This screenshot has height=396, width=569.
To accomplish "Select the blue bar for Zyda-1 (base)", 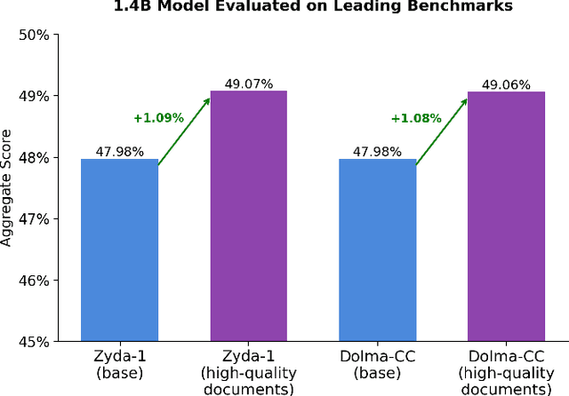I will pyautogui.click(x=119, y=250).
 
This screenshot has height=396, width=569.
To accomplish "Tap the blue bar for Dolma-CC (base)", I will pyautogui.click(x=377, y=250).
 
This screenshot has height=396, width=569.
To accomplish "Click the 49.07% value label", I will pyautogui.click(x=248, y=83).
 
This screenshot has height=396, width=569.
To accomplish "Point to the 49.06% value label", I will pyautogui.click(x=506, y=84).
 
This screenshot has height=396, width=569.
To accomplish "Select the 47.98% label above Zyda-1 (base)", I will pyautogui.click(x=119, y=152).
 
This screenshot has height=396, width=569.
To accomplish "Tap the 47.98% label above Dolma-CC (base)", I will pyautogui.click(x=377, y=152).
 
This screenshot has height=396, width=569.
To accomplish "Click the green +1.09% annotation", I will pyautogui.click(x=158, y=117).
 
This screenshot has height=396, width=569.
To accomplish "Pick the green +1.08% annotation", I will pyautogui.click(x=416, y=117).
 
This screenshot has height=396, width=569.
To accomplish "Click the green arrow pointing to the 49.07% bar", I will pyautogui.click(x=184, y=129).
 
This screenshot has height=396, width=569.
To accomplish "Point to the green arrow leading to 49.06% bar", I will pyautogui.click(x=442, y=129).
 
